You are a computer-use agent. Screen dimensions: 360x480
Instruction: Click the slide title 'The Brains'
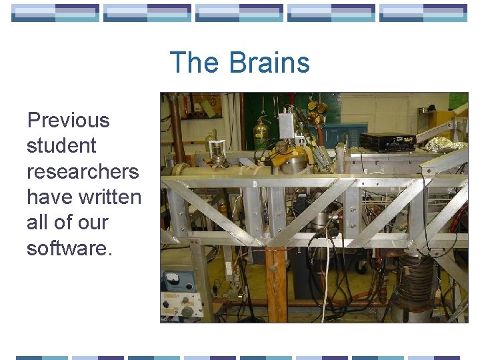pyautogui.click(x=240, y=63)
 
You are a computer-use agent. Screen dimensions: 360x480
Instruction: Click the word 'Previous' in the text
pyautogui.click(x=68, y=121)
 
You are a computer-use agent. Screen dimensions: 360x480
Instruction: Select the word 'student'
pyautogui.click(x=61, y=146)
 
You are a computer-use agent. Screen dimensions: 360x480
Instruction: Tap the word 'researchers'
pyautogui.click(x=83, y=171)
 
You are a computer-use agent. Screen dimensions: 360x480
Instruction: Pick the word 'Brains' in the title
pyautogui.click(x=269, y=63)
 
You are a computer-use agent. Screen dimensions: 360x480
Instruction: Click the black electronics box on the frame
pyautogui.click(x=387, y=141)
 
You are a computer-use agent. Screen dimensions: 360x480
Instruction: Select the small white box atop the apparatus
pyautogui.click(x=287, y=123)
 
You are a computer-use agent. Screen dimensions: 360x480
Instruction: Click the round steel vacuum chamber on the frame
pyautogui.click(x=293, y=160)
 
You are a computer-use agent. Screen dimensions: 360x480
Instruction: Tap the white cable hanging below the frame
pyautogui.click(x=327, y=273)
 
